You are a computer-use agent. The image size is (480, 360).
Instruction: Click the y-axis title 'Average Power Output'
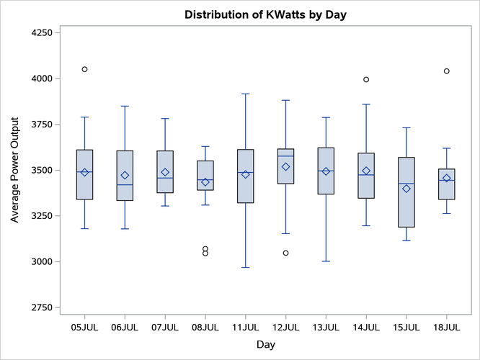(15, 171)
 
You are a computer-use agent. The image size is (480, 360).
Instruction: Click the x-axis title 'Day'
(265, 345)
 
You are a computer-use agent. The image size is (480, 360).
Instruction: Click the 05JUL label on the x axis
(84, 327)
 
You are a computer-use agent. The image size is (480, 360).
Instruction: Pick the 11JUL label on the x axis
(246, 327)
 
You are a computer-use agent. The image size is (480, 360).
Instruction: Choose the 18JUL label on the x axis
(447, 327)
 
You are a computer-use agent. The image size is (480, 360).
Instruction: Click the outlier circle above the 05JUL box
(84, 69)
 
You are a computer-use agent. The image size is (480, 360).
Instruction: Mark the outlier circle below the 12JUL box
(286, 253)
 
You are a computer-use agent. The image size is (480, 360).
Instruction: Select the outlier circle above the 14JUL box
(366, 80)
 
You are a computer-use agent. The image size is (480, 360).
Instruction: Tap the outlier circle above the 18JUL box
(447, 71)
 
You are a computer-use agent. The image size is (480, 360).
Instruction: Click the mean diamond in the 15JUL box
(406, 189)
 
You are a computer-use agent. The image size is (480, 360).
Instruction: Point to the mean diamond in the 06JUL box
(125, 175)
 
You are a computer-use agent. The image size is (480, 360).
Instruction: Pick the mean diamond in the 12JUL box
(286, 166)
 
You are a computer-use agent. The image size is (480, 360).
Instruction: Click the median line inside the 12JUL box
(286, 156)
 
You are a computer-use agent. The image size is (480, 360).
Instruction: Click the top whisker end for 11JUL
(246, 94)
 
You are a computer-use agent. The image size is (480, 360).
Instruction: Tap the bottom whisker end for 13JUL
(326, 261)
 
